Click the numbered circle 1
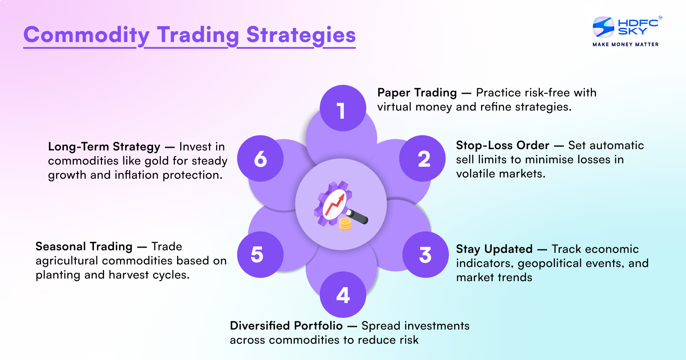[x=343, y=108]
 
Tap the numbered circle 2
[x=422, y=159]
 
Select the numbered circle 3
[x=425, y=255]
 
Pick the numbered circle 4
[x=343, y=295]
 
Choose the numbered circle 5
[x=260, y=255]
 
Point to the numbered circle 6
[x=260, y=159]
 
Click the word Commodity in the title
[x=86, y=35]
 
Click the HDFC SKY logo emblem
[x=603, y=27]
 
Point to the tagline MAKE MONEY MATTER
[x=626, y=44]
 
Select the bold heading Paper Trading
[x=417, y=93]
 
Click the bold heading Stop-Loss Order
[x=502, y=145]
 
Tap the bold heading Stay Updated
[x=494, y=249]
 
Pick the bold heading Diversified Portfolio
[x=286, y=326]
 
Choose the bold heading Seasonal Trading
[x=84, y=246]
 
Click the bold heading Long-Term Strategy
[x=104, y=147]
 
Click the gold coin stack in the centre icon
[x=345, y=223]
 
